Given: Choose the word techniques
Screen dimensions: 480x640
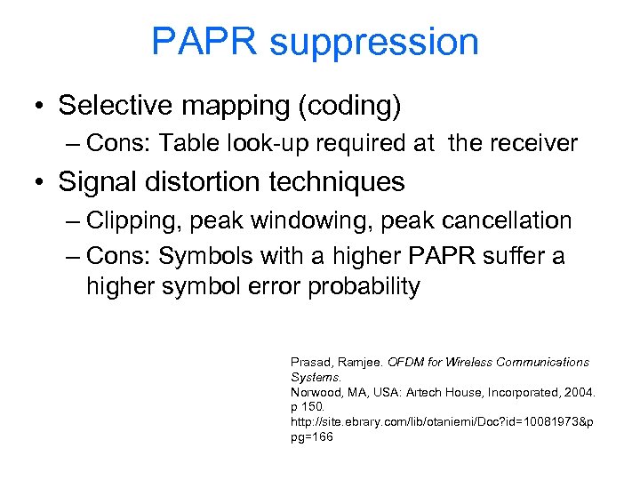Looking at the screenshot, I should pos(338,182).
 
